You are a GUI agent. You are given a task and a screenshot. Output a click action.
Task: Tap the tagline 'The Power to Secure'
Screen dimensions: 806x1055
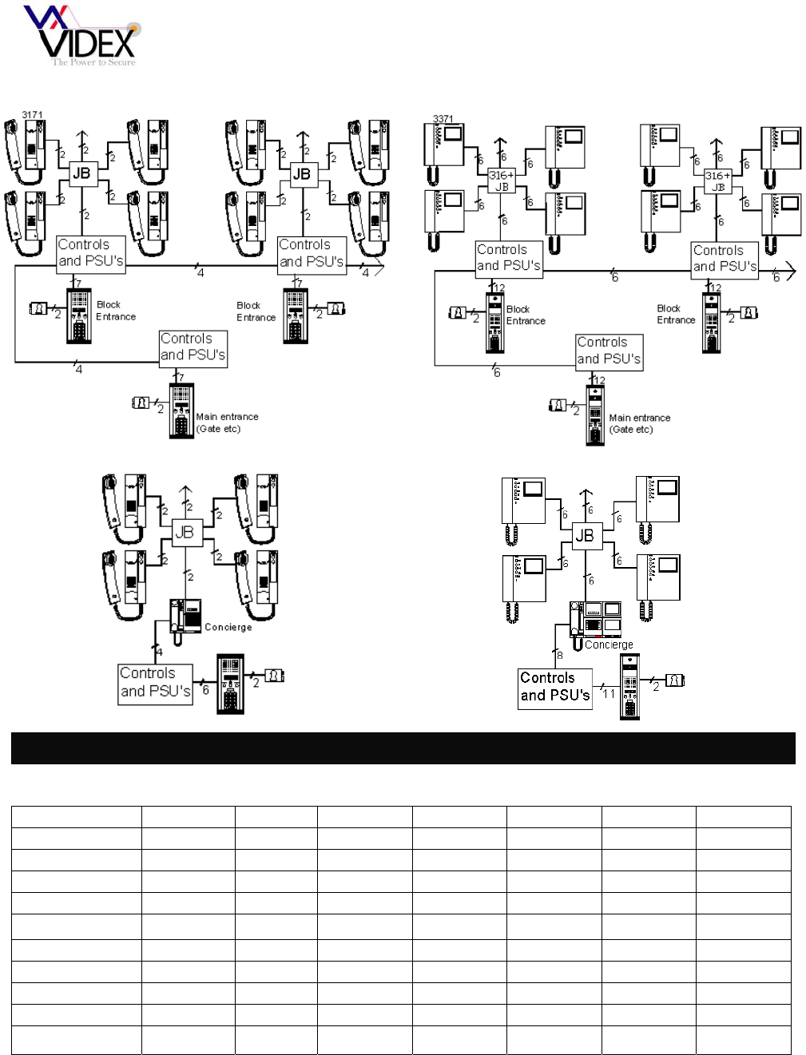pyautogui.click(x=93, y=62)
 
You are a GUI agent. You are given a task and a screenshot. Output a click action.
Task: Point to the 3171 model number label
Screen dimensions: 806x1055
pyautogui.click(x=33, y=115)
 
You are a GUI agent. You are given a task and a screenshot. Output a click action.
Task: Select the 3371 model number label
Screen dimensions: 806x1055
pyautogui.click(x=443, y=119)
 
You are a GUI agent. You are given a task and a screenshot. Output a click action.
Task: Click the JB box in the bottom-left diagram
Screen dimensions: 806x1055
pyautogui.click(x=185, y=532)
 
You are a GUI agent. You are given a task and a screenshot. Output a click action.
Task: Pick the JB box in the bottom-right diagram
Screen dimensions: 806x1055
pyautogui.click(x=586, y=535)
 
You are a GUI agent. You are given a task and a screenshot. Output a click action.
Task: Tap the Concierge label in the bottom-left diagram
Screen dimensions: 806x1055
pyautogui.click(x=228, y=627)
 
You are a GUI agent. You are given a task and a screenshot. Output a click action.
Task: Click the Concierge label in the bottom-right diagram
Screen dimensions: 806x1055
pyautogui.click(x=609, y=645)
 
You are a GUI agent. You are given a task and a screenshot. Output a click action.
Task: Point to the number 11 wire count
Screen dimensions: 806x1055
pyautogui.click(x=609, y=693)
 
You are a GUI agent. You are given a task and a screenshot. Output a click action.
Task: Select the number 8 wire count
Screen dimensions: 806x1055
pyautogui.click(x=559, y=655)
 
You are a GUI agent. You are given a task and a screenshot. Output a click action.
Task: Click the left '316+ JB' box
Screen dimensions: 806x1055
pyautogui.click(x=502, y=180)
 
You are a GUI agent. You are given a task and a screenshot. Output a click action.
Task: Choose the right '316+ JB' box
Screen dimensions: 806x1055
pyautogui.click(x=717, y=180)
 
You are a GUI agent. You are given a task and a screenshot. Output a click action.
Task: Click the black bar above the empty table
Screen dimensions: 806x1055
pyautogui.click(x=403, y=748)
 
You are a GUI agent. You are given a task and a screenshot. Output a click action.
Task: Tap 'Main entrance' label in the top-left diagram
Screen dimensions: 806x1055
pyautogui.click(x=227, y=417)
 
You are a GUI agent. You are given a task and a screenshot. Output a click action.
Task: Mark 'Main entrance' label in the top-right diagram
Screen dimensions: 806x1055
pyautogui.click(x=639, y=418)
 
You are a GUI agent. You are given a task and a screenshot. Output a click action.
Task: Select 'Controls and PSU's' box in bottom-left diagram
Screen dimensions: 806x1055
pyautogui.click(x=156, y=684)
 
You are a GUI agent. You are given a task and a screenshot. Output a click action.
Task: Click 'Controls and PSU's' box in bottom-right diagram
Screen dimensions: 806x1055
pyautogui.click(x=555, y=688)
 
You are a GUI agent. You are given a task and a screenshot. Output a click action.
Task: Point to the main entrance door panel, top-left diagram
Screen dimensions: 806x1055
pyautogui.click(x=181, y=410)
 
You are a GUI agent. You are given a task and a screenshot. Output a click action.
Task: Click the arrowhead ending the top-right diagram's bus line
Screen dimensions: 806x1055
pyautogui.click(x=791, y=272)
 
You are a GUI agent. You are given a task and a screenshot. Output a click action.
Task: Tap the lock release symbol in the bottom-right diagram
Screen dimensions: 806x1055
pyautogui.click(x=676, y=680)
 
